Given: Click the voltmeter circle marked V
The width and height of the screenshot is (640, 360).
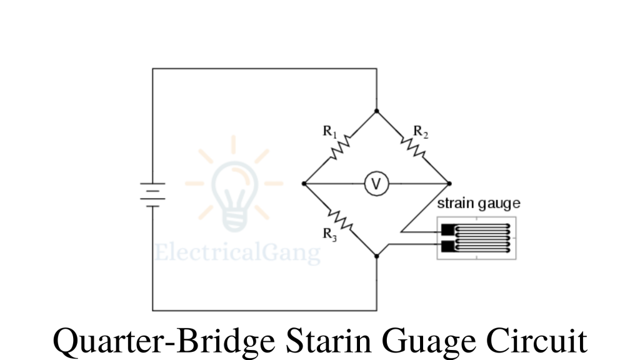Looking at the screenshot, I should [x=376, y=184].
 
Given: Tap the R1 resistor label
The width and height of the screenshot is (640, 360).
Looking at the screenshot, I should [x=330, y=132].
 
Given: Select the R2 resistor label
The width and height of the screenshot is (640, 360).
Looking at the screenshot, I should [x=421, y=132].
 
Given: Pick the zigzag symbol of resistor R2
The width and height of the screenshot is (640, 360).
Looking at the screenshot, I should [x=413, y=147].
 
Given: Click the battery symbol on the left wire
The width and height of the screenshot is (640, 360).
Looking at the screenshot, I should [x=152, y=194].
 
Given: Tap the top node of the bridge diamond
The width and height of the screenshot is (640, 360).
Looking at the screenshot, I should [x=376, y=111].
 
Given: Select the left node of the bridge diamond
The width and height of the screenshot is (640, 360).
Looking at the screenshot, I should [x=304, y=184].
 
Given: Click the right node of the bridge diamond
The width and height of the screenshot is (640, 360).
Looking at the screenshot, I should [x=449, y=184].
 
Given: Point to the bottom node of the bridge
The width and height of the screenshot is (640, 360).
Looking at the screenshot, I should [x=376, y=256].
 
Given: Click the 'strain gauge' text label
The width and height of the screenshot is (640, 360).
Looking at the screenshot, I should [x=478, y=204].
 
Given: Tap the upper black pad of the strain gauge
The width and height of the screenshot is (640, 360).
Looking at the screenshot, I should [x=447, y=229].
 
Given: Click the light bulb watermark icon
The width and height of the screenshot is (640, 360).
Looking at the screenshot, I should [x=234, y=188].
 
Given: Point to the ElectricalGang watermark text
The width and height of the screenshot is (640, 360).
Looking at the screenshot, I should [x=237, y=253].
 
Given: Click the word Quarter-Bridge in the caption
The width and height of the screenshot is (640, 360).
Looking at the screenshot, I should [x=164, y=341].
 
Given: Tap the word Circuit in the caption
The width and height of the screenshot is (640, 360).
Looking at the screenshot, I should [x=537, y=341].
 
